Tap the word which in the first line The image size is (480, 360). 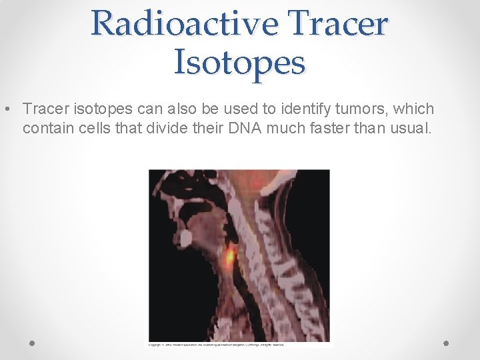[x=415, y=109]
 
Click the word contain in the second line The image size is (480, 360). [x=45, y=127]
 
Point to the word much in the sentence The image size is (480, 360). [x=285, y=127]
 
